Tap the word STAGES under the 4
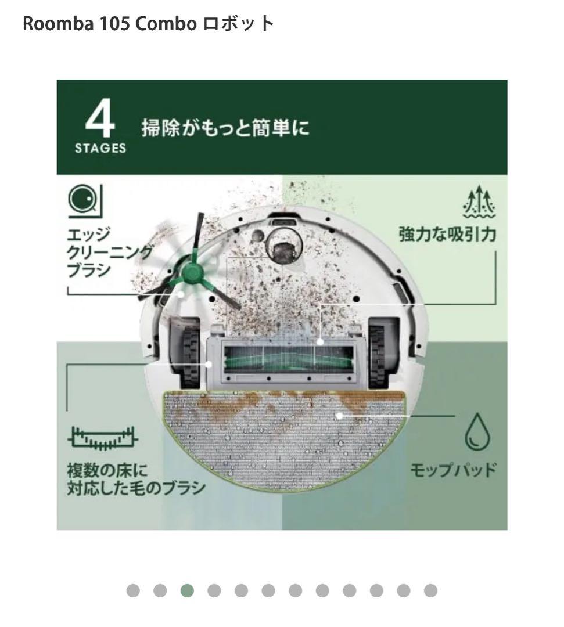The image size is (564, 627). [x=100, y=148]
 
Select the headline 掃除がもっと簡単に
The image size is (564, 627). [x=225, y=127]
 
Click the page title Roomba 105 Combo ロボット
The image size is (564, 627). [x=148, y=24]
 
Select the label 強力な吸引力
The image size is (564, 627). [x=447, y=235]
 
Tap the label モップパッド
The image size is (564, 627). [x=453, y=469]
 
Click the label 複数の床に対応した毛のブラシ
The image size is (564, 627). [x=136, y=478]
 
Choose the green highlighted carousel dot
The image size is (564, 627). [x=187, y=591]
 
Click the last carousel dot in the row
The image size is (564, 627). [x=430, y=591]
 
